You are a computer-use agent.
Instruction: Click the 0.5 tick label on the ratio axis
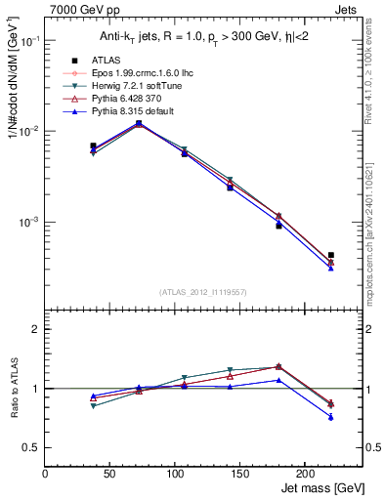(x=33, y=448)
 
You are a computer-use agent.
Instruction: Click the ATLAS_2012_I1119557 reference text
(x=203, y=292)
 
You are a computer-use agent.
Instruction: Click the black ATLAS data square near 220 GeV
(x=331, y=255)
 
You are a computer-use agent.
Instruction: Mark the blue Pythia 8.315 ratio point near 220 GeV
(x=331, y=417)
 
